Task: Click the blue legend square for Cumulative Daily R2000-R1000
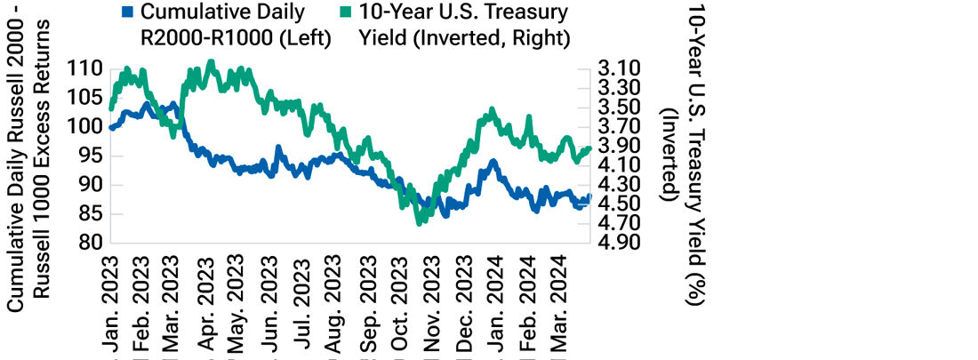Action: (127, 13)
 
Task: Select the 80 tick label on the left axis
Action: (92, 243)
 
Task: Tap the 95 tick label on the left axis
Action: (92, 156)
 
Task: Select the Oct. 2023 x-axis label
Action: (398, 307)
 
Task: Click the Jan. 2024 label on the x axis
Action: (494, 307)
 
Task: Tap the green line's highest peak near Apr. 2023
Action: (211, 61)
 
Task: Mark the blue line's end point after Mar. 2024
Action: (589, 196)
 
